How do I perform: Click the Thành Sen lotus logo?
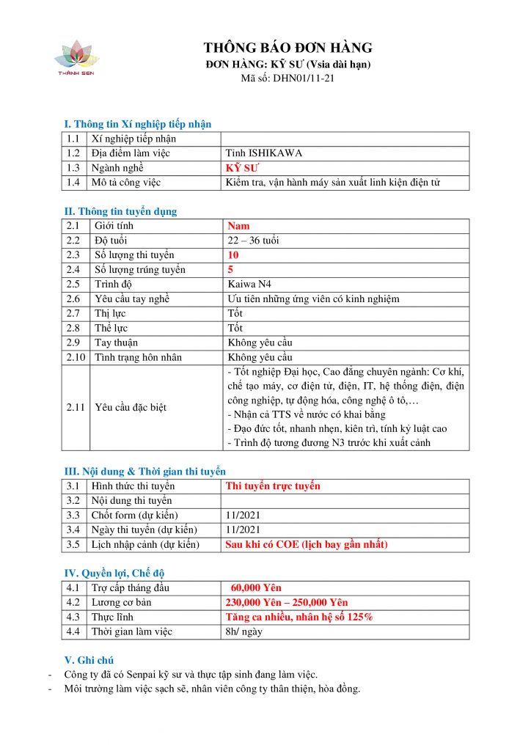77,58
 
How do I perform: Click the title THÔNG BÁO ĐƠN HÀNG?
288,48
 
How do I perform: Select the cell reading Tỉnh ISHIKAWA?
264,153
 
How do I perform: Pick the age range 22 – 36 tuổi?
254,241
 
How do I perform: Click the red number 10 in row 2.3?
233,255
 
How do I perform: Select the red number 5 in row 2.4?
230,269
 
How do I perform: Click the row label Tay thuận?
117,342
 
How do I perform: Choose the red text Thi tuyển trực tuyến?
273,486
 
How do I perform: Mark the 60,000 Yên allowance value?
256,587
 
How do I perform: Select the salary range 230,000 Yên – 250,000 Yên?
287,602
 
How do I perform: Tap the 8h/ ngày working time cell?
244,631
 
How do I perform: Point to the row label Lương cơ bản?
122,602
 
